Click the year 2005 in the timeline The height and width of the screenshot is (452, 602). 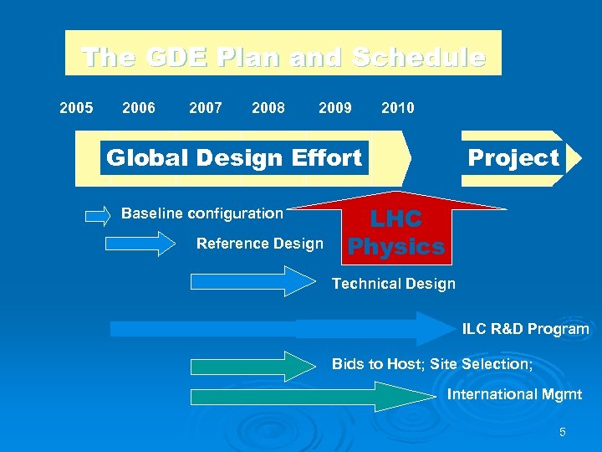76,108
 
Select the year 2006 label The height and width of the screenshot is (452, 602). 139,108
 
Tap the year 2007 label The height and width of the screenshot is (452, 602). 206,108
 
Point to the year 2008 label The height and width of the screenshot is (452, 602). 268,108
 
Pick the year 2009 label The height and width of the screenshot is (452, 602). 335,108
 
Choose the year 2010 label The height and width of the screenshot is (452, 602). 397,108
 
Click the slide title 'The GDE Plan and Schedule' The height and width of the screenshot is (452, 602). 283,57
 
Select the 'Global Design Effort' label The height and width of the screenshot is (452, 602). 234,157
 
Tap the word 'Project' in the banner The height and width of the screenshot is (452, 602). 513,157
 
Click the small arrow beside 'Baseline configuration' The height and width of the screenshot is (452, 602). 98,215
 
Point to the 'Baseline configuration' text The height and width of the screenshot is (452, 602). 202,213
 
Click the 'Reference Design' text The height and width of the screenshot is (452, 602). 259,244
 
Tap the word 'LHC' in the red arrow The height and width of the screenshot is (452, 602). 396,219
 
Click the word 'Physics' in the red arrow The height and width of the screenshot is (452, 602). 396,247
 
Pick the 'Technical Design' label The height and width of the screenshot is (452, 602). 394,284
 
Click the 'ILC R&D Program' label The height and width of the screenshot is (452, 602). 525,329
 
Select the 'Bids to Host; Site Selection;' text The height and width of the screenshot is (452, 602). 432,364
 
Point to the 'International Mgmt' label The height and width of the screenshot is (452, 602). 514,394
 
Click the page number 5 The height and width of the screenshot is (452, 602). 562,432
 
